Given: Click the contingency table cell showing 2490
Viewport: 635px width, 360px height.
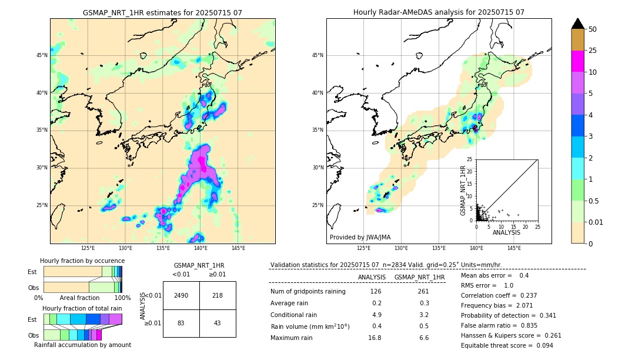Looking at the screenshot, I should [x=181, y=295].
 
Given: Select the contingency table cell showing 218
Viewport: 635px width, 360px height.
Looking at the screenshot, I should [x=218, y=295].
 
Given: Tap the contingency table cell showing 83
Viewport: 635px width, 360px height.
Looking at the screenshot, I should [x=181, y=324].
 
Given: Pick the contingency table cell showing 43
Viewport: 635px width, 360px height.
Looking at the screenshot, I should [x=218, y=324].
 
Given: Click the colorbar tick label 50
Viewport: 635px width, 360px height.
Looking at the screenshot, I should [x=593, y=29].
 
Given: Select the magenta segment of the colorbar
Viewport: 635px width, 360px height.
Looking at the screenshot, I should [x=578, y=61].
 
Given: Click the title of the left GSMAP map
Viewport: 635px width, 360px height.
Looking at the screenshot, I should [x=162, y=12].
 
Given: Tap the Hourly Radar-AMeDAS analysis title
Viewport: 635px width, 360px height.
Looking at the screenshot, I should [x=439, y=12].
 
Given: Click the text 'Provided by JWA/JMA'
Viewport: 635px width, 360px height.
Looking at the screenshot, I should [x=360, y=237].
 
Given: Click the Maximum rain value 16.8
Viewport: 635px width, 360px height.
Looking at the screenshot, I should [x=375, y=338].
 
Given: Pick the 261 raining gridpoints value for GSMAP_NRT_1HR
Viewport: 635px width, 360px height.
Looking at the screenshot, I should [x=423, y=291].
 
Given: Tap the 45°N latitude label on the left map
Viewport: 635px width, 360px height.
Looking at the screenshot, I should [x=42, y=55].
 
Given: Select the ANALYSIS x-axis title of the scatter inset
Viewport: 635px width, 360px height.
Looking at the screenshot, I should [x=506, y=233].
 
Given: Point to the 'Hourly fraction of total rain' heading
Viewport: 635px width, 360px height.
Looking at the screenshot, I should [x=82, y=308].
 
